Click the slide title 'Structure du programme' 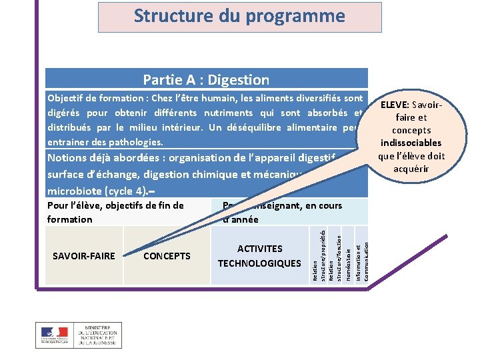(x=239, y=16)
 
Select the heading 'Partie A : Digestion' (x=206, y=80)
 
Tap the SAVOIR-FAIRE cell (x=83, y=256)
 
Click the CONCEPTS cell (x=167, y=256)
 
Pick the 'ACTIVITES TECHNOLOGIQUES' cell (x=259, y=256)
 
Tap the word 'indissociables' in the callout (x=411, y=143)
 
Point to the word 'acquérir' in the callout (x=411, y=169)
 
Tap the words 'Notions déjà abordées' (x=106, y=159)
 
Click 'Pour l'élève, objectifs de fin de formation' (x=115, y=212)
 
